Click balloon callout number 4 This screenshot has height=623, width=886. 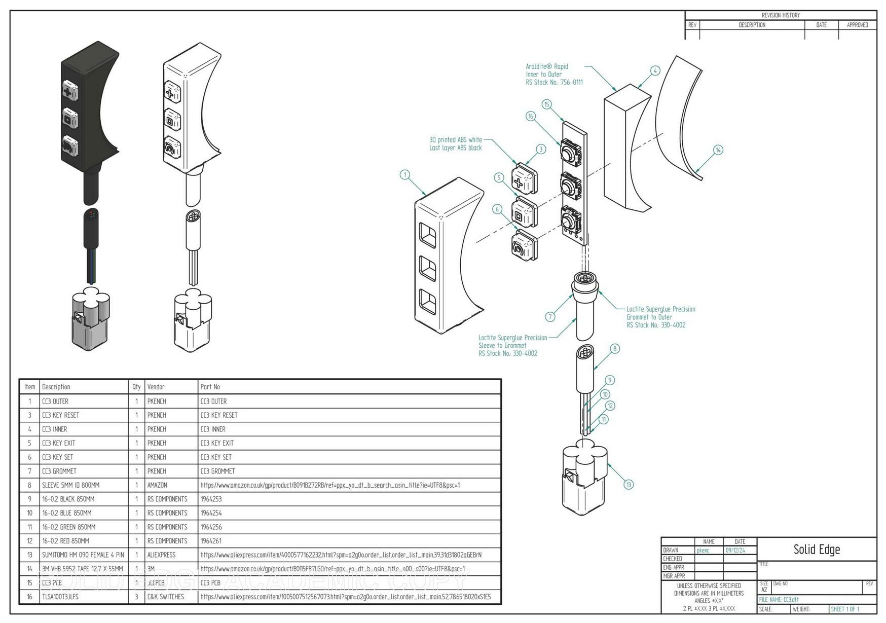(655, 71)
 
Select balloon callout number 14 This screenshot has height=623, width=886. (718, 150)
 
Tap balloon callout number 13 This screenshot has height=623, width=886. (629, 484)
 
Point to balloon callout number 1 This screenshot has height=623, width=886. (404, 175)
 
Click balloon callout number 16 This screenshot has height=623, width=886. (531, 116)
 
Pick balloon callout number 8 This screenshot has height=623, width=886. (615, 348)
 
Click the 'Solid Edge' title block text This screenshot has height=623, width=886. (816, 549)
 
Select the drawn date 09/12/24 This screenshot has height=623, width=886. (735, 550)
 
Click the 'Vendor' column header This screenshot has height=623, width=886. (156, 387)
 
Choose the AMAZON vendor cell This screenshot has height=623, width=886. (157, 485)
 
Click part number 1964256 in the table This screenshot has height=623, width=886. (211, 527)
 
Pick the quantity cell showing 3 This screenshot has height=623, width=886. (136, 597)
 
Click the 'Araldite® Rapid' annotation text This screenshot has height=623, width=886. (546, 66)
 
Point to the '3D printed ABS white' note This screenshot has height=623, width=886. (455, 139)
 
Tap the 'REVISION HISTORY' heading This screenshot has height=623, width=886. (780, 15)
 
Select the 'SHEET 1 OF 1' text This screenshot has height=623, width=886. (844, 609)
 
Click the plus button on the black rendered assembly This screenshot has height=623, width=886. (69, 92)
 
